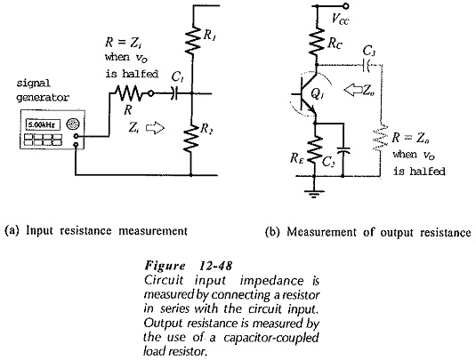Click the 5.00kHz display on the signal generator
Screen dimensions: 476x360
(43, 125)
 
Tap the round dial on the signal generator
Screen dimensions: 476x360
(73, 124)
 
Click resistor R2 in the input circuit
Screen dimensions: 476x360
(191, 138)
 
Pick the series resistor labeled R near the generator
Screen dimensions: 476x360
(128, 93)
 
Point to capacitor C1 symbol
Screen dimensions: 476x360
(174, 93)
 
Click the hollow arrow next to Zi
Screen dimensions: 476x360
(155, 128)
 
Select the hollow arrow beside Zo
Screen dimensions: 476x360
(353, 90)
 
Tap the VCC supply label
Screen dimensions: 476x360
(341, 20)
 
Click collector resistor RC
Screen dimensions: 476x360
(317, 42)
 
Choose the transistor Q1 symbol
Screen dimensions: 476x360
(307, 94)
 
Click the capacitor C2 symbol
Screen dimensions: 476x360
(343, 150)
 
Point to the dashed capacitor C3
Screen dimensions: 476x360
(366, 65)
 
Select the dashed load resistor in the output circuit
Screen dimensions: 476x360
(380, 137)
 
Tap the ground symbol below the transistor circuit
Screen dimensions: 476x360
(314, 194)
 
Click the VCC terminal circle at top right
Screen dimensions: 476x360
(345, 5)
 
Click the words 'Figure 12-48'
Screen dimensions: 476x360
(189, 266)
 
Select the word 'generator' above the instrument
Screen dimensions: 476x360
(43, 98)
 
